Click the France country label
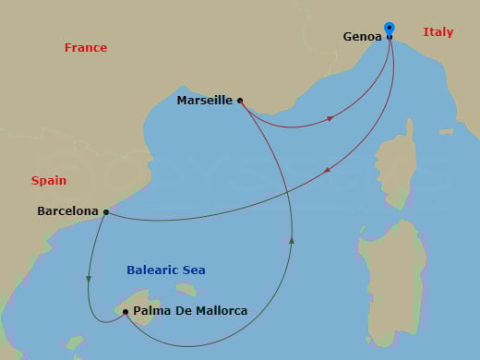click(x=86, y=48)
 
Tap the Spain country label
click(x=49, y=181)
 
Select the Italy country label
click(x=438, y=32)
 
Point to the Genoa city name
click(x=360, y=38)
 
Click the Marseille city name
click(x=204, y=101)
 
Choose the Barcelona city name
click(x=67, y=211)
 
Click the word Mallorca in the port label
click(x=218, y=311)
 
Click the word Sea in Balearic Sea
click(x=193, y=270)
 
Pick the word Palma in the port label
click(x=151, y=311)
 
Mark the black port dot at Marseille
click(x=240, y=100)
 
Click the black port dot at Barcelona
click(x=106, y=212)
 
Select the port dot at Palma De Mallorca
click(x=125, y=311)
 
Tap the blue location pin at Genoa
click(x=390, y=29)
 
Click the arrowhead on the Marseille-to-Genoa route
click(x=330, y=117)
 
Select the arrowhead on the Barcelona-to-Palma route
click(x=89, y=279)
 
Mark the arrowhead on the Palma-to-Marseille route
click(x=292, y=240)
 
